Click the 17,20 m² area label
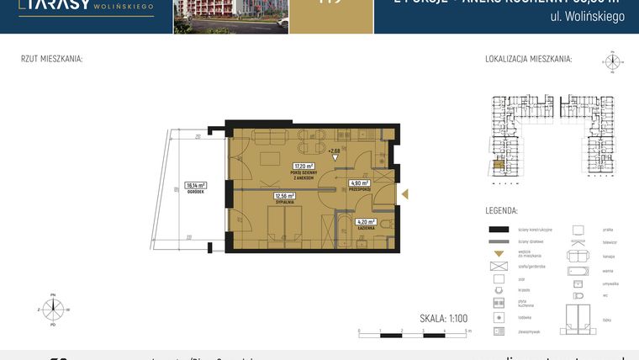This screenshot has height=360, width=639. [x=303, y=166]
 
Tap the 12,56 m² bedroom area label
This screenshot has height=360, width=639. [x=283, y=196]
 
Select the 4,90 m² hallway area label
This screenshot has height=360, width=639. [x=360, y=183]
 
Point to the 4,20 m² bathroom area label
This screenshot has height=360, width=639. [x=363, y=221]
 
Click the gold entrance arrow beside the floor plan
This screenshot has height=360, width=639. [x=405, y=195]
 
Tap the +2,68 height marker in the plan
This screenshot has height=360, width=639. [x=334, y=151]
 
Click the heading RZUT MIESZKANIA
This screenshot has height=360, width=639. [x=51, y=60]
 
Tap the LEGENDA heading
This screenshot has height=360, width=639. [x=501, y=210]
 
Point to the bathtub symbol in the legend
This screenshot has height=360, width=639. [x=579, y=271]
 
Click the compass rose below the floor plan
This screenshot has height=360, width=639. [x=53, y=309]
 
